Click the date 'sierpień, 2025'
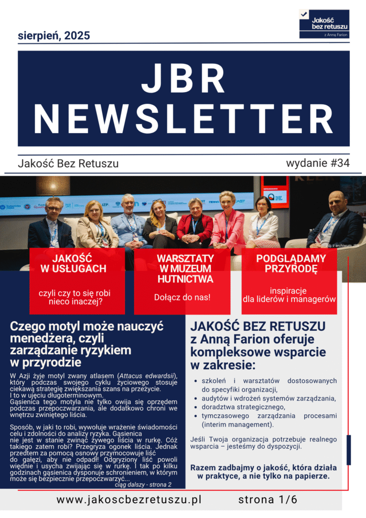[x=54, y=35]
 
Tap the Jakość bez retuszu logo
[x=324, y=23]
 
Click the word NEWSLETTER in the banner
[x=184, y=117]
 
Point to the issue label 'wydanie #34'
[x=317, y=163]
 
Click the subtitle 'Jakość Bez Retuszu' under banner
[x=68, y=164]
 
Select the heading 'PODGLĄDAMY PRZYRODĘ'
[x=291, y=264]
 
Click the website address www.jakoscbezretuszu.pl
[x=129, y=500]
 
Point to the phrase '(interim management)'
[x=234, y=424]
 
